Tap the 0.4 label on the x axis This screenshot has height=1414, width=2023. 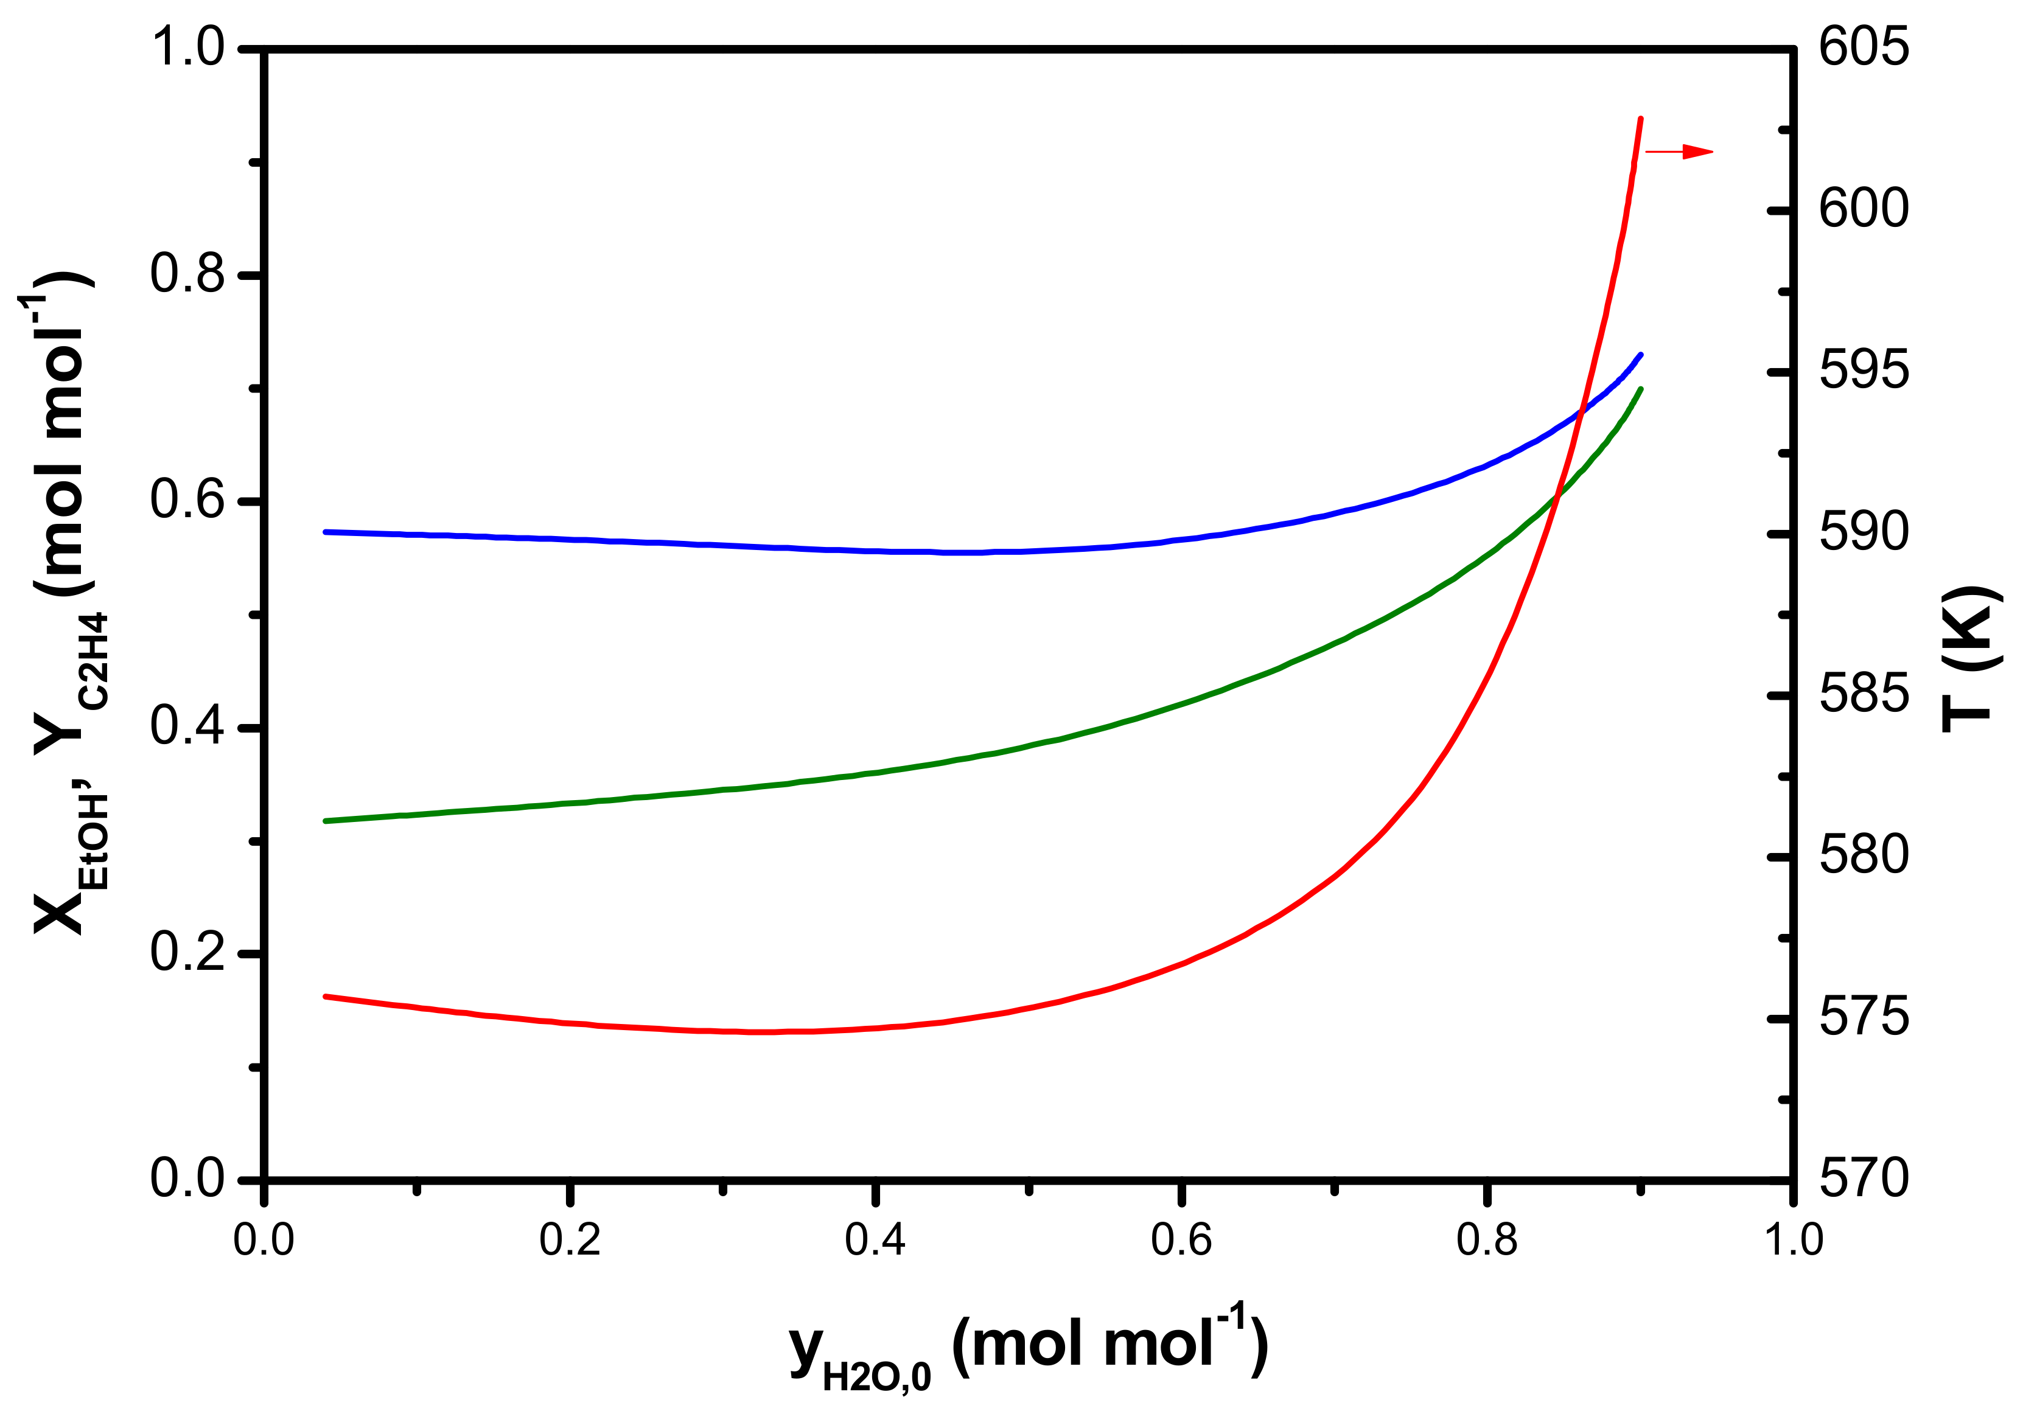point(875,1241)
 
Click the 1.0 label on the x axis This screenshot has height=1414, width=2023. point(1792,1241)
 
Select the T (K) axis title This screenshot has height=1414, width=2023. point(1972,659)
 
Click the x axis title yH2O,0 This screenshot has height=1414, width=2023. point(1029,1348)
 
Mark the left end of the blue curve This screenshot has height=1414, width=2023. point(326,532)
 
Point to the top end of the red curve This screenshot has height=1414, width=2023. point(1640,118)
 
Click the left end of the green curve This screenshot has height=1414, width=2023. point(326,821)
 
